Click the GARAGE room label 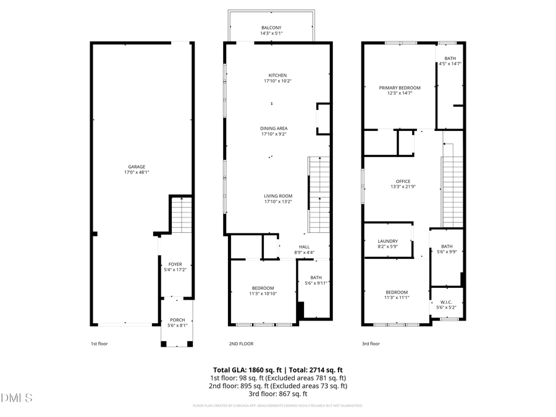pyautogui.click(x=137, y=167)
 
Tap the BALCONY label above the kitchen pyautogui.click(x=271, y=28)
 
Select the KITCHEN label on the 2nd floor pyautogui.click(x=277, y=75)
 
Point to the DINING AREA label pyautogui.click(x=274, y=128)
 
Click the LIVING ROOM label pyautogui.click(x=278, y=196)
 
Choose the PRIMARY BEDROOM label pyautogui.click(x=399, y=88)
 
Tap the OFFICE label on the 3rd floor pyautogui.click(x=403, y=181)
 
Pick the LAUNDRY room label pyautogui.click(x=388, y=241)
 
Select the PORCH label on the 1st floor pyautogui.click(x=177, y=320)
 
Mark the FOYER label pyautogui.click(x=175, y=264)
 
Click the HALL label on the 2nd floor pyautogui.click(x=305, y=246)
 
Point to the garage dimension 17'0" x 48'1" pyautogui.click(x=137, y=172)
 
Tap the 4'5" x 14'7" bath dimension pyautogui.click(x=450, y=64)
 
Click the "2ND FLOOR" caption pyautogui.click(x=241, y=343)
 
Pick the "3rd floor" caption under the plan pyautogui.click(x=371, y=343)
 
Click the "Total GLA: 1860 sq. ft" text pyautogui.click(x=243, y=369)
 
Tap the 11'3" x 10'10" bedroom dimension pyautogui.click(x=263, y=293)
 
